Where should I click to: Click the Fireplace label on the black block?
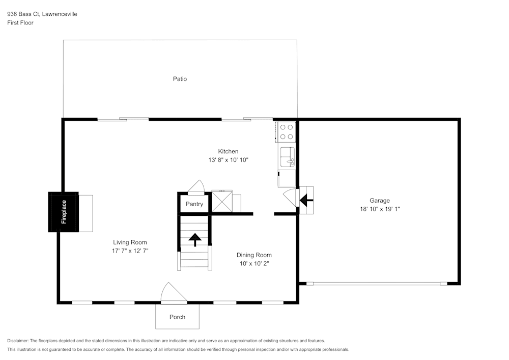pyautogui.click(x=64, y=212)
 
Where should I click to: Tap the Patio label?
pyautogui.click(x=180, y=79)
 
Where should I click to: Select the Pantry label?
pyautogui.click(x=194, y=204)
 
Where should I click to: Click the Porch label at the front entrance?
pyautogui.click(x=177, y=317)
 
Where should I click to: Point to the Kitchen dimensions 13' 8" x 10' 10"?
pyautogui.click(x=228, y=160)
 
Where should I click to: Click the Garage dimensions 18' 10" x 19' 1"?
pyautogui.click(x=380, y=209)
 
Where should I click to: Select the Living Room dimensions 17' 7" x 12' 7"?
pyautogui.click(x=130, y=251)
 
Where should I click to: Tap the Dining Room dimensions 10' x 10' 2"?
pyautogui.click(x=254, y=263)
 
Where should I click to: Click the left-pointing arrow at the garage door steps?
pyautogui.click(x=306, y=201)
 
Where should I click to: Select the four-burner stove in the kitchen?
pyautogui.click(x=286, y=132)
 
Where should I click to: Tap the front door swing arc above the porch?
pyautogui.click(x=173, y=294)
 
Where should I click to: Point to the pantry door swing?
pyautogui.click(x=196, y=187)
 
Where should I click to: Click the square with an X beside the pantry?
pyautogui.click(x=222, y=201)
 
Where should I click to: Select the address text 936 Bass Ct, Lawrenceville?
pyautogui.click(x=42, y=14)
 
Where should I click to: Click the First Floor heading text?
pyautogui.click(x=20, y=23)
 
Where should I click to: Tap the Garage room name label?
pyautogui.click(x=380, y=201)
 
